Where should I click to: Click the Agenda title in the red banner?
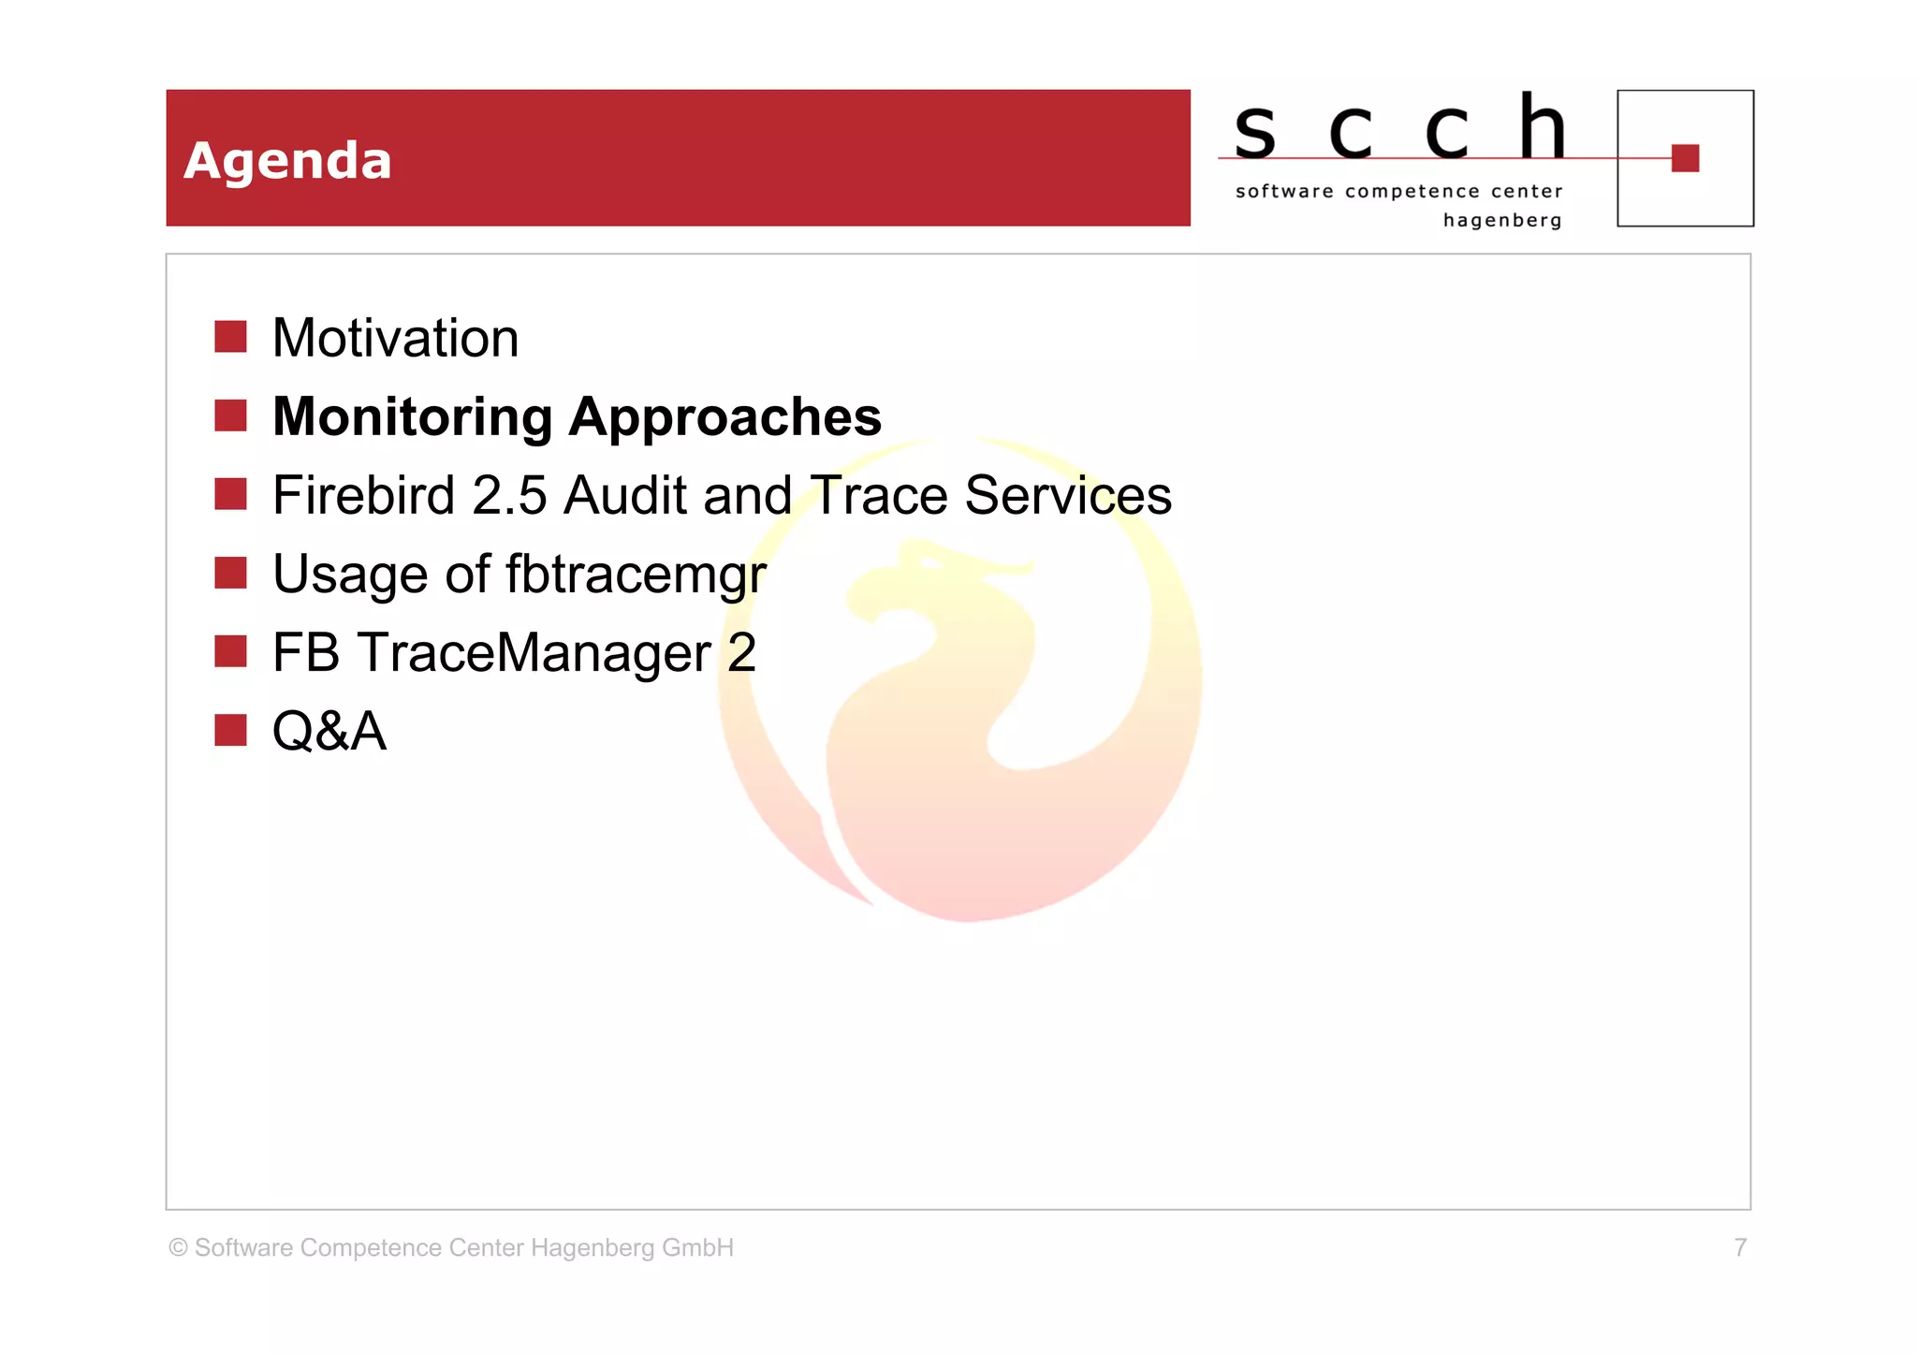(x=287, y=161)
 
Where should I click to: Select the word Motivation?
(x=395, y=338)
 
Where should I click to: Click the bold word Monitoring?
(x=412, y=416)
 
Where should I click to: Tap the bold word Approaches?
(x=725, y=416)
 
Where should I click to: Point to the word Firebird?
(x=363, y=495)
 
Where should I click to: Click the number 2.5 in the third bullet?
(x=509, y=495)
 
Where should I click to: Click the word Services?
(x=1068, y=495)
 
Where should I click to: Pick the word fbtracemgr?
(x=636, y=574)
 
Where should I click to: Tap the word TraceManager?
(x=534, y=652)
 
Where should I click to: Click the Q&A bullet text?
(x=329, y=731)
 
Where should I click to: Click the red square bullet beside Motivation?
(x=230, y=337)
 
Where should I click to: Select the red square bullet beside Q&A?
(x=230, y=730)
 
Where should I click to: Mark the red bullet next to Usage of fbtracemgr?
(x=230, y=573)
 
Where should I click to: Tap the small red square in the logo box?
(x=1685, y=158)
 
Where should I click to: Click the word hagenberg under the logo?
(x=1502, y=221)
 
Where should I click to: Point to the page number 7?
(x=1740, y=1247)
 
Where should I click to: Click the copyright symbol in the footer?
(x=178, y=1247)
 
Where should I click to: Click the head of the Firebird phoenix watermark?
(x=927, y=571)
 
